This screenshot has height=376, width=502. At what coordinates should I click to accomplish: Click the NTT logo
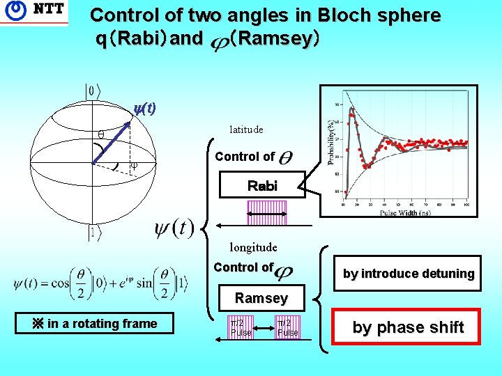[34, 12]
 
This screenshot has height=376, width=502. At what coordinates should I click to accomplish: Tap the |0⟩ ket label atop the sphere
[93, 91]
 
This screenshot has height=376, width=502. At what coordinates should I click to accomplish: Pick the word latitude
[246, 130]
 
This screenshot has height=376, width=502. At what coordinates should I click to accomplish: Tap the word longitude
[253, 247]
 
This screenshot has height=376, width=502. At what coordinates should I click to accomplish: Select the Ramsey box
[261, 298]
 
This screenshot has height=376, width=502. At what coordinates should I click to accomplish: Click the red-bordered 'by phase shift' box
[408, 327]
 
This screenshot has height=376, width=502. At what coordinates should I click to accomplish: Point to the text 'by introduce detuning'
[408, 274]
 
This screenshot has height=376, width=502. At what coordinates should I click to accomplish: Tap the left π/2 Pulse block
[241, 327]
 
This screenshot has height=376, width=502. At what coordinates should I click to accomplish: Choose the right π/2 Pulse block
[287, 327]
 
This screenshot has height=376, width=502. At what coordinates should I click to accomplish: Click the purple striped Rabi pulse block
[267, 213]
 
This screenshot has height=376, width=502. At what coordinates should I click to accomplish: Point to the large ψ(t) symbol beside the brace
[174, 228]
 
